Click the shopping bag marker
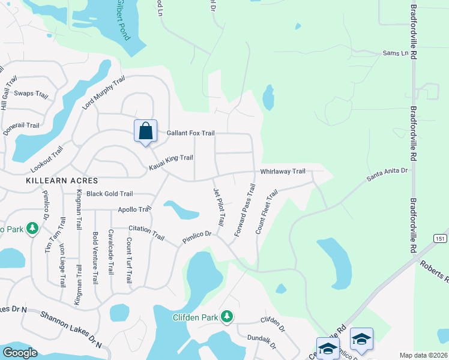click(x=145, y=131)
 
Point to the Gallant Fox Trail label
click(x=190, y=133)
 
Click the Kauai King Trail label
click(x=171, y=158)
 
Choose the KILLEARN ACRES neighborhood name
click(x=55, y=179)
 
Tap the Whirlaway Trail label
click(x=283, y=172)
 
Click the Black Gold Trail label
click(x=109, y=194)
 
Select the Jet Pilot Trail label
click(x=219, y=206)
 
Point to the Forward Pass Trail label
click(x=245, y=210)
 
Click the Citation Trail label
click(x=146, y=232)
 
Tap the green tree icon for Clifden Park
click(x=226, y=316)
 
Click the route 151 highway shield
click(x=440, y=238)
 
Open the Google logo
click(x=19, y=352)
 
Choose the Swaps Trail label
click(x=31, y=94)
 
